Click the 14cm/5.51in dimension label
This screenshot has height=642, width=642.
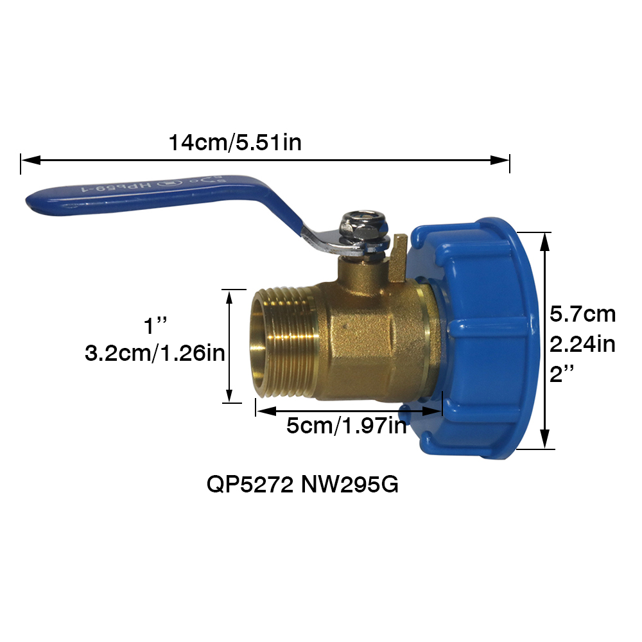pyautogui.click(x=235, y=142)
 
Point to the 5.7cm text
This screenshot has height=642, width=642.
pyautogui.click(x=583, y=315)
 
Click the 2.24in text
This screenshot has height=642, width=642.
pyautogui.click(x=583, y=345)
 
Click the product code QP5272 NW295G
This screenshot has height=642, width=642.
pyautogui.click(x=302, y=485)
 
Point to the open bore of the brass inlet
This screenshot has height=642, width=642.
pyautogui.click(x=259, y=347)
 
